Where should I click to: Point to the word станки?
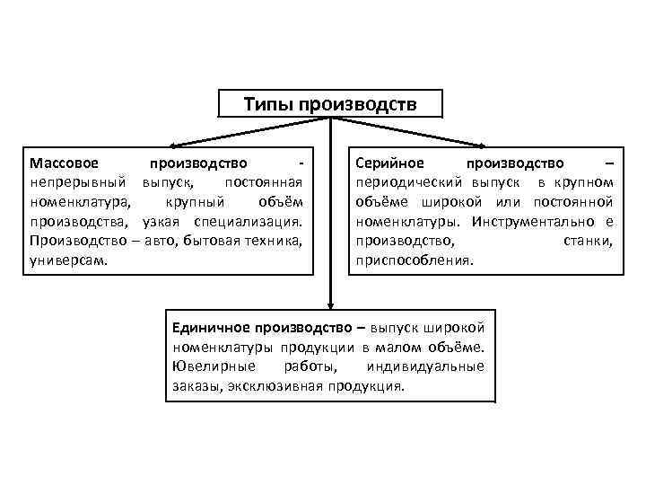pos(589,241)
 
